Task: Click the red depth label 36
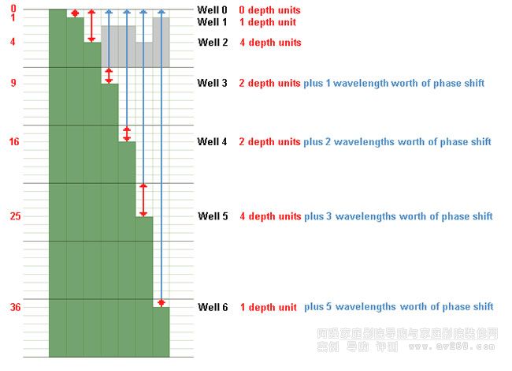tap(13, 307)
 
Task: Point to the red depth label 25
tap(13, 215)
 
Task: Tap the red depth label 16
tap(13, 141)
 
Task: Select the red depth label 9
tap(13, 82)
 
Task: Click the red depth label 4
tap(13, 42)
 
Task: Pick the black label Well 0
tap(213, 10)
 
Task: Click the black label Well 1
tap(213, 22)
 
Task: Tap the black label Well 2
tap(213, 42)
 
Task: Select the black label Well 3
tap(213, 82)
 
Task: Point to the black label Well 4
tap(213, 141)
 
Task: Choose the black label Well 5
tap(213, 215)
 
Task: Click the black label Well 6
tap(213, 307)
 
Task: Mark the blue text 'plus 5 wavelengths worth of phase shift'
tap(399, 307)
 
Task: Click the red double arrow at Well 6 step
tap(161, 303)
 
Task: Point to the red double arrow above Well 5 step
tap(143, 199)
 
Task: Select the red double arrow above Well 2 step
tap(92, 26)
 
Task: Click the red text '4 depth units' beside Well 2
tap(269, 43)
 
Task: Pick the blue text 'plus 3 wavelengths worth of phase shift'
tap(399, 216)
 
